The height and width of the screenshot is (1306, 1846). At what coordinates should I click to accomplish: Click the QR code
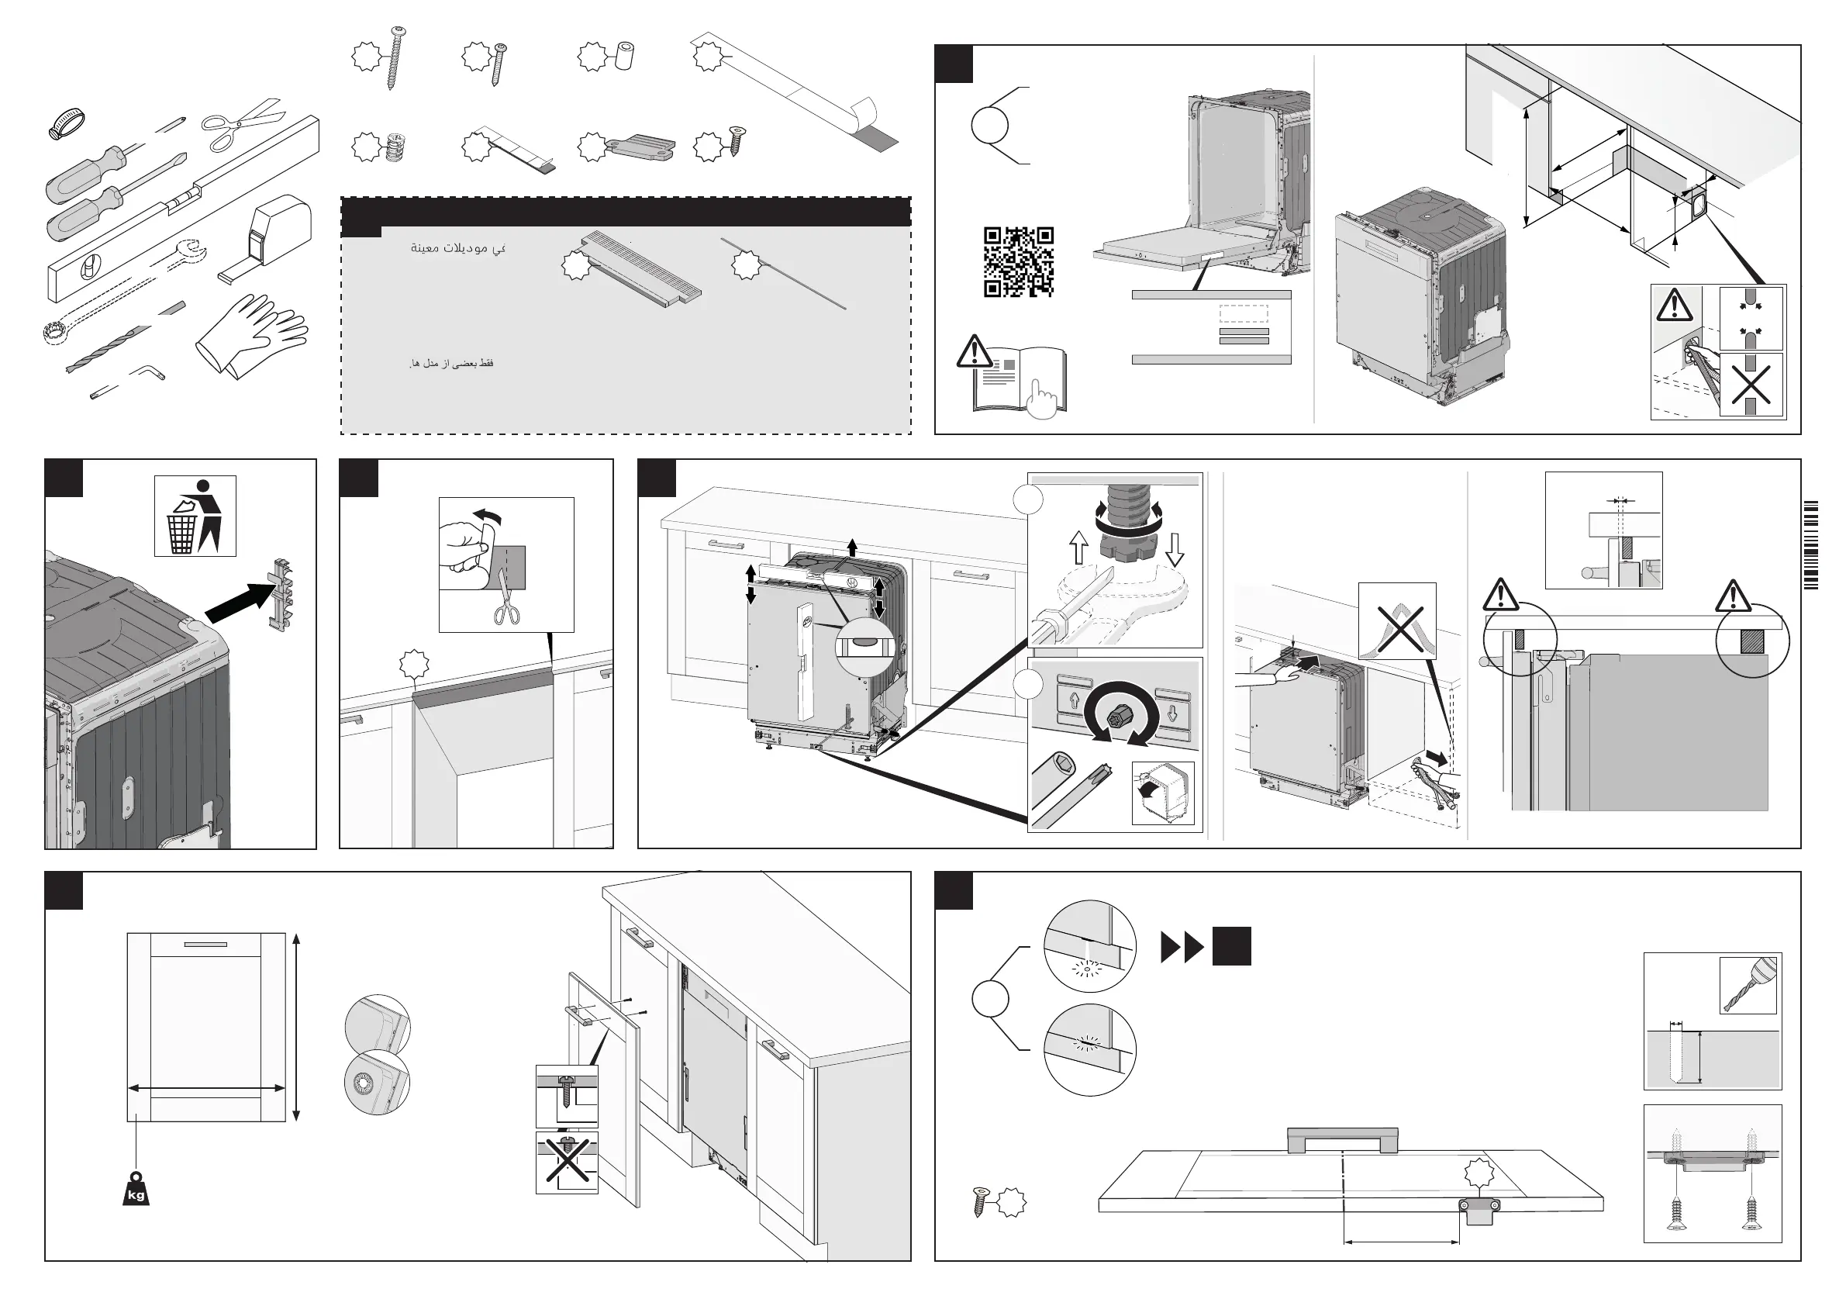click(1018, 262)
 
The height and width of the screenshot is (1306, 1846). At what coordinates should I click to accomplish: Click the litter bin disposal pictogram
click(195, 516)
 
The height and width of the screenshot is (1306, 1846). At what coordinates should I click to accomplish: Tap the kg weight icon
click(136, 1190)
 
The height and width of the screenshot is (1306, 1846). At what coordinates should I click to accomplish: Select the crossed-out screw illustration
click(567, 1162)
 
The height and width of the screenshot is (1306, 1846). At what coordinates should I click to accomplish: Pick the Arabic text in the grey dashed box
click(457, 247)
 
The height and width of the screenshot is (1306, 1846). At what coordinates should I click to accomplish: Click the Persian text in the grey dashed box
click(451, 364)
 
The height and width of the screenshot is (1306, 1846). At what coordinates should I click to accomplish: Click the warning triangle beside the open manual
click(974, 352)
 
